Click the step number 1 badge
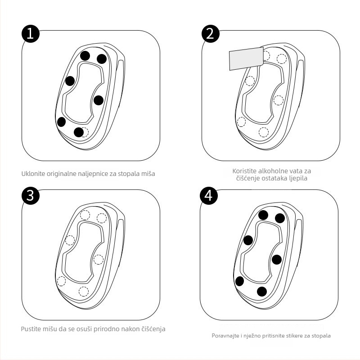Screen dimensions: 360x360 (31, 34)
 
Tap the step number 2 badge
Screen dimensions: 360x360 (211, 34)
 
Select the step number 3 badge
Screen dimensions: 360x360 (31, 196)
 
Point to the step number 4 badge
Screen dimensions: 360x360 (209, 196)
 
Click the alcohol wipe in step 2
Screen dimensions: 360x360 (246, 58)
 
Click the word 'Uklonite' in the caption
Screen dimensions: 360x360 (33, 174)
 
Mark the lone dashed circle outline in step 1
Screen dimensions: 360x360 (85, 132)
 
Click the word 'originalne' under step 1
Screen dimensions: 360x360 (61, 174)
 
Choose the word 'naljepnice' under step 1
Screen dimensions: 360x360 (93, 174)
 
